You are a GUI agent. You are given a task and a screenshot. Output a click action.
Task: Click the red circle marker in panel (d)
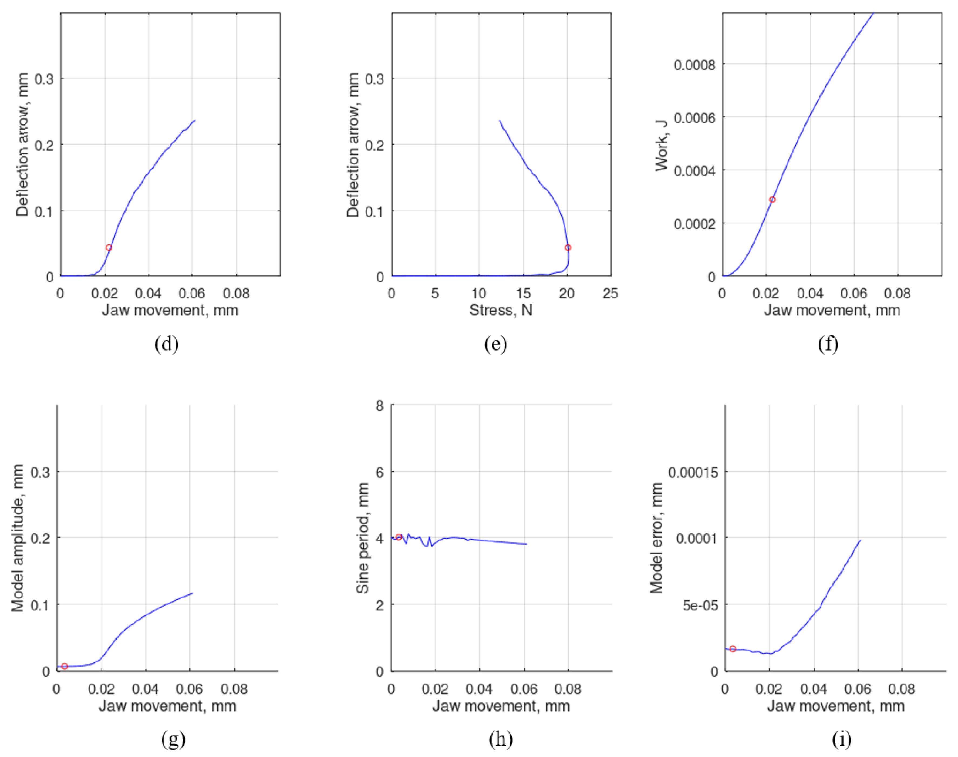[109, 248]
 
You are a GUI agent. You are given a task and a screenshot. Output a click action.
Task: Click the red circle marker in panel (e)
[568, 248]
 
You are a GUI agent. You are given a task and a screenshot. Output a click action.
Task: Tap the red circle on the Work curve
[772, 200]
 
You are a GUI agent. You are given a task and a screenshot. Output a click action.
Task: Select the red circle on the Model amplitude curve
[65, 666]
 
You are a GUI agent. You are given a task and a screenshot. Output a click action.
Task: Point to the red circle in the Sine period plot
[398, 537]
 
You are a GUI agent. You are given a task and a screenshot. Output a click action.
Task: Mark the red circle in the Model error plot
[733, 649]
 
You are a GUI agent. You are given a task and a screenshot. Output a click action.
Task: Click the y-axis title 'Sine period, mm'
[362, 538]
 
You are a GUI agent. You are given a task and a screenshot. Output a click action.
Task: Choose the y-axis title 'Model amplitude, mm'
[18, 538]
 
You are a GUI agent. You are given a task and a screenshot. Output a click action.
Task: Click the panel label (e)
[495, 344]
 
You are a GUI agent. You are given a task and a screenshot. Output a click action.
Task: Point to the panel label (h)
[501, 739]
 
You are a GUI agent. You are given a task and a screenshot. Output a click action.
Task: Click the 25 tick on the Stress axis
[610, 293]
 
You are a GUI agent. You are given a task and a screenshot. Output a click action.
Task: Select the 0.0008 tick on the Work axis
[694, 65]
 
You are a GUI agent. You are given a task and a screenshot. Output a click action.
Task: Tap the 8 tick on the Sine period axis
[380, 406]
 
